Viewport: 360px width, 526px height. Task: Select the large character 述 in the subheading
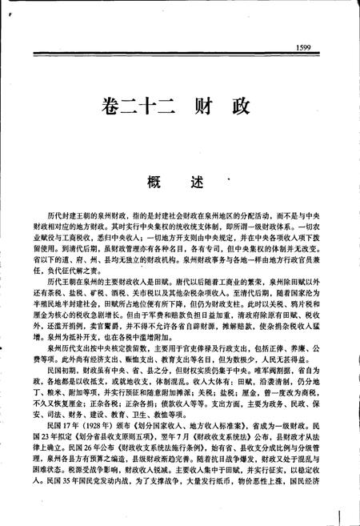(x=201, y=183)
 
